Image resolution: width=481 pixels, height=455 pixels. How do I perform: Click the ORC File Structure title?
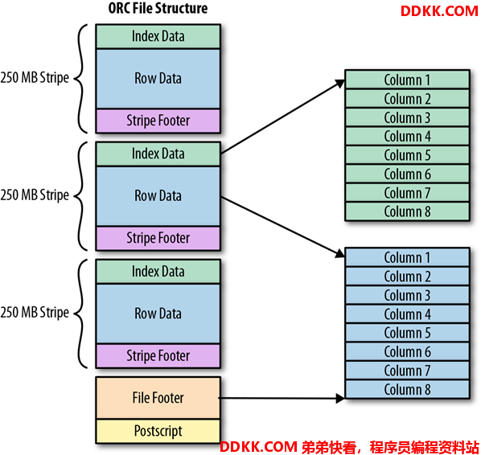click(158, 8)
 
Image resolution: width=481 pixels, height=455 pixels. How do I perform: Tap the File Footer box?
click(158, 398)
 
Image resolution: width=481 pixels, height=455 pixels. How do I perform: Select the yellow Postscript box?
click(158, 431)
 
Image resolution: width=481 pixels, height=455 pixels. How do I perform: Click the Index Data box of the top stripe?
click(158, 36)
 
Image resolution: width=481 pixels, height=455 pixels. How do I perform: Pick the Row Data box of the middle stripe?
click(158, 196)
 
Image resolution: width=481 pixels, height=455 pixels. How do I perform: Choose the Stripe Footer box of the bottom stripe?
click(158, 356)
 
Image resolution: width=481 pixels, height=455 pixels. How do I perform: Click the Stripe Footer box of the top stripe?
click(158, 121)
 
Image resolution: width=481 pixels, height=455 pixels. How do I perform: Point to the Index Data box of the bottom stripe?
click(158, 272)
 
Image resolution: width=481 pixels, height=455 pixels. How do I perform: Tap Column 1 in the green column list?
click(407, 80)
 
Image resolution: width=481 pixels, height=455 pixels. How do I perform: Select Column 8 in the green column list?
click(407, 211)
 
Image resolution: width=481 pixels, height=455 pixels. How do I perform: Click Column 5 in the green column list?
click(407, 155)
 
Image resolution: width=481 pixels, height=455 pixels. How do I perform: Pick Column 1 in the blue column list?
click(407, 257)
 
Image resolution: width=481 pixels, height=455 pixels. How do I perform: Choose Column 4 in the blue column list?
click(407, 314)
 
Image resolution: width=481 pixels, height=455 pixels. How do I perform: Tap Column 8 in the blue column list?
click(407, 389)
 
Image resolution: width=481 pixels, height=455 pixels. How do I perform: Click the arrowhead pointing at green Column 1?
click(340, 83)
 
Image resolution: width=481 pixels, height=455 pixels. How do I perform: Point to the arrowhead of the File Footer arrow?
click(340, 399)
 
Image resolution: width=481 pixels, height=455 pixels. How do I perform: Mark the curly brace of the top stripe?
click(81, 79)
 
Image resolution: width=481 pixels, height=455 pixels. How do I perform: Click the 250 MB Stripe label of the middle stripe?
click(35, 195)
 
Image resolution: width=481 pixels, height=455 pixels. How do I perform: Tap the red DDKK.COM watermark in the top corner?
click(439, 11)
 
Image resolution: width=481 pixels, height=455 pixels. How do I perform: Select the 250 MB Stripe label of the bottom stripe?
click(35, 313)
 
